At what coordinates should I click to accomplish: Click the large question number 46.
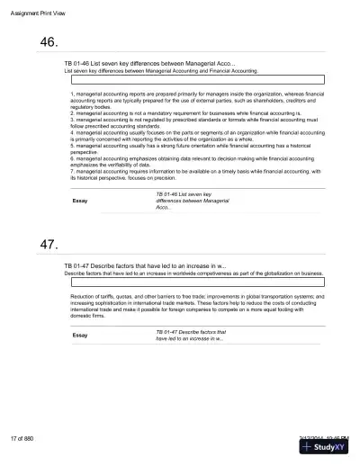49,42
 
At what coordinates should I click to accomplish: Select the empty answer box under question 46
197,79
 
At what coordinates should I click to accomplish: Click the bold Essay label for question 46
79,201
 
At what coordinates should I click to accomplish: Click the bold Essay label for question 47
79,336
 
